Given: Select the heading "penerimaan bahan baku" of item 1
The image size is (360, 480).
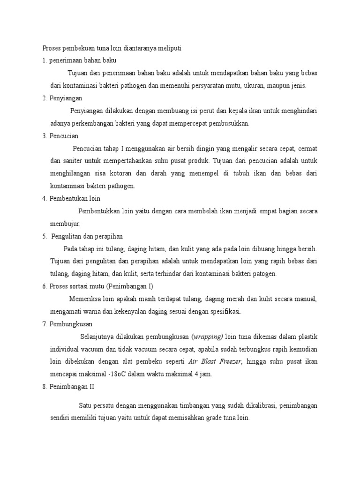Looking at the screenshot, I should pyautogui.click(x=82, y=60).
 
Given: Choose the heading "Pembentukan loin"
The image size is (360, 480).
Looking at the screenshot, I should pyautogui.click(x=75, y=198).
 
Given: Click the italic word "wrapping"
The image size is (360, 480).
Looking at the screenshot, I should pyautogui.click(x=209, y=337).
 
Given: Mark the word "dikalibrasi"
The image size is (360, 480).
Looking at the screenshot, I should pyautogui.click(x=255, y=405).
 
